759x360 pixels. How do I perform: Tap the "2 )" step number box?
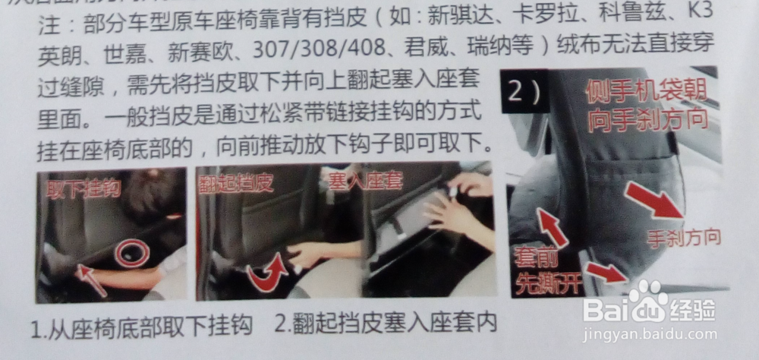point(524,92)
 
